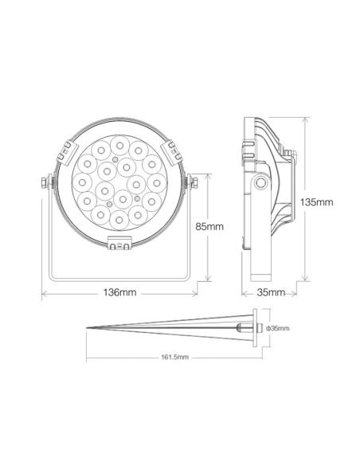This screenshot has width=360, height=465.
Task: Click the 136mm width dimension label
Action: [x=119, y=293]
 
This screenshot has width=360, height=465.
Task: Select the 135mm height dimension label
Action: [x=319, y=201]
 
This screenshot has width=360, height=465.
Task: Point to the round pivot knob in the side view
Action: [x=260, y=184]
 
